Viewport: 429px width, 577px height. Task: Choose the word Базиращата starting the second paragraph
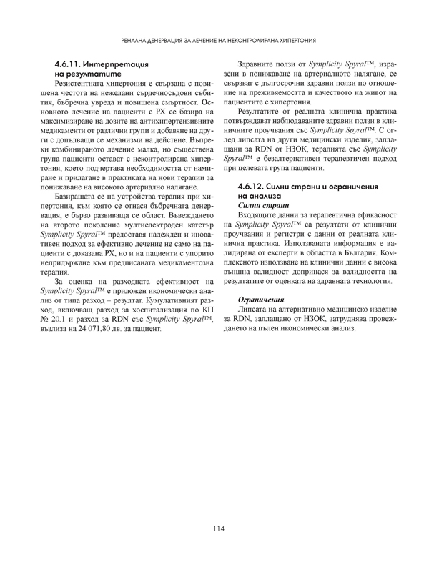(x=81, y=194)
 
